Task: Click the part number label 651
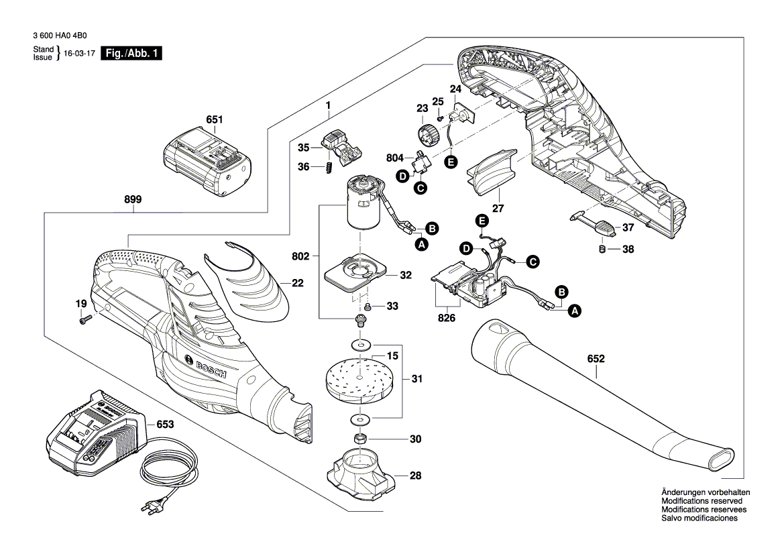(x=214, y=120)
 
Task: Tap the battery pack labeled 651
(x=207, y=163)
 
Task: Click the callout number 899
(x=133, y=199)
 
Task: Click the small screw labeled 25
(x=438, y=117)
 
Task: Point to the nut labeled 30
(x=359, y=439)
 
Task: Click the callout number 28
(x=416, y=476)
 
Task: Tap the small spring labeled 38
(x=602, y=250)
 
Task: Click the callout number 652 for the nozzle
(x=596, y=359)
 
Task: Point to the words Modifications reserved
(x=702, y=501)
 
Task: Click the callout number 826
(x=447, y=318)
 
